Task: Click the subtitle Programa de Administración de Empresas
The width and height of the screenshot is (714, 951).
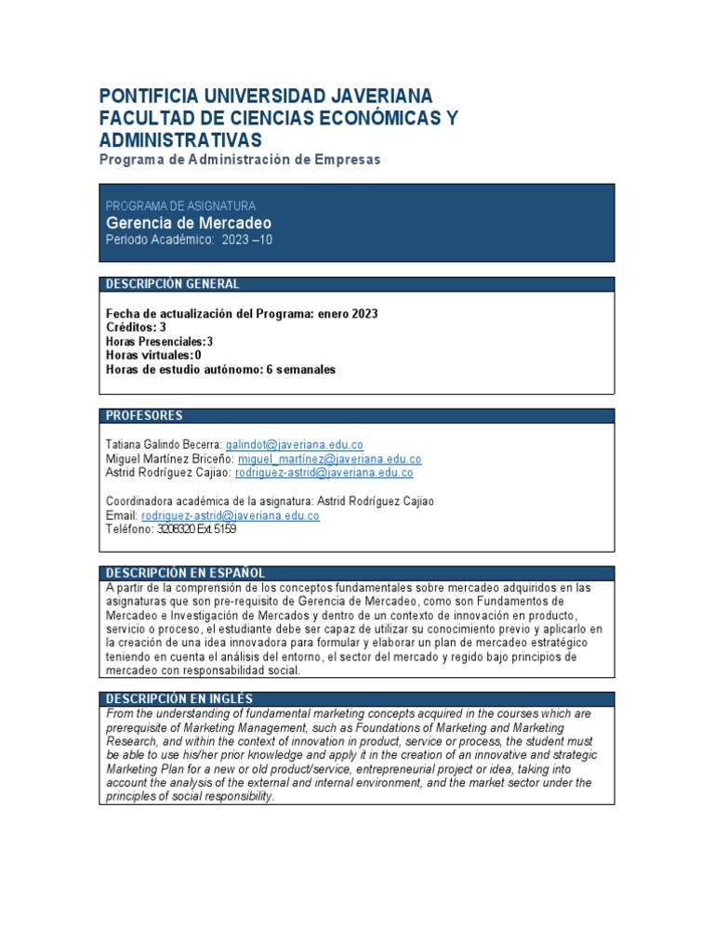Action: (x=240, y=160)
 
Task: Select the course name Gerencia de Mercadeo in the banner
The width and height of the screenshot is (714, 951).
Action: (x=189, y=223)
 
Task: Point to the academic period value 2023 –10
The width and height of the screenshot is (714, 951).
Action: (x=247, y=240)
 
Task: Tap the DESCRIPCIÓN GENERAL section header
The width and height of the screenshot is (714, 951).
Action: (x=172, y=284)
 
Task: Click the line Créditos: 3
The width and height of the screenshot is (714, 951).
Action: (x=137, y=328)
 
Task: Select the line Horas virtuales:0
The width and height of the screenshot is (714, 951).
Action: (x=154, y=355)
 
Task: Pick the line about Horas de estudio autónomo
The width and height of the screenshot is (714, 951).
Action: (x=221, y=369)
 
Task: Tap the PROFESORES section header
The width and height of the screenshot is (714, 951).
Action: (x=144, y=416)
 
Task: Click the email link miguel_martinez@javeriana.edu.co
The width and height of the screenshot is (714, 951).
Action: (x=330, y=459)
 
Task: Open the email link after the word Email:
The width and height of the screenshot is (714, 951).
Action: (x=231, y=515)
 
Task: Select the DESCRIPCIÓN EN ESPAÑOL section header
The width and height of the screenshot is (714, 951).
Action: (x=185, y=573)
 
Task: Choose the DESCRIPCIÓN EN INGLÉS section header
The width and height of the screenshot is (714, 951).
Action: (x=178, y=698)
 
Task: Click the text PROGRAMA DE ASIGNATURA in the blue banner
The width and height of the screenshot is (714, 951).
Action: (x=180, y=205)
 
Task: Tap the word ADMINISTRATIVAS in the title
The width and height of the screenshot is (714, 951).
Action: (x=180, y=140)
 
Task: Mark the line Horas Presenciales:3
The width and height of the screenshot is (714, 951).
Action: (x=160, y=342)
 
